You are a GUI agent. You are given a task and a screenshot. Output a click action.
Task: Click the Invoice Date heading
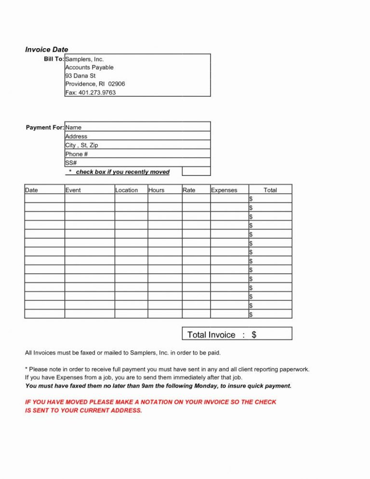coord(46,49)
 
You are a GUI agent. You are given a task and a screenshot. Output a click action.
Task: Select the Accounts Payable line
coord(89,67)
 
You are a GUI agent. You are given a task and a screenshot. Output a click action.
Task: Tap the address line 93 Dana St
coord(81,76)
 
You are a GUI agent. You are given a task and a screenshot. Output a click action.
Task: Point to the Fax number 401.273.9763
coord(91,93)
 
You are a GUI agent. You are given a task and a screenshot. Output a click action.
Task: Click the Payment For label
coord(45,127)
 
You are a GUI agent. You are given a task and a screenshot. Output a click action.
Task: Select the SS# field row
coord(137,162)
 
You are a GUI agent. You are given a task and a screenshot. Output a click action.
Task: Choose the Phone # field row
coord(137,154)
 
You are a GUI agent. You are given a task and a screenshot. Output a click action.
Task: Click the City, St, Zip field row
coord(137,145)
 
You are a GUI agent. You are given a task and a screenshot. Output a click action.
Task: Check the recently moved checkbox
coord(196,171)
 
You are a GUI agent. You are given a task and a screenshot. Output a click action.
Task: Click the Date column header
coord(31,190)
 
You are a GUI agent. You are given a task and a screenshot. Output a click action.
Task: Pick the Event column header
coord(73,190)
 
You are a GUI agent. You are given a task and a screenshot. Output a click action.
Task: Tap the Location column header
coord(127,190)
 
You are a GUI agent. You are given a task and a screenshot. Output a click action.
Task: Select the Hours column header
coord(157,190)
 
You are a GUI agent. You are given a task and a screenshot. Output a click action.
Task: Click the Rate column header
coord(189,190)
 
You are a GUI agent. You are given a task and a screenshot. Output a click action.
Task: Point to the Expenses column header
coord(224,190)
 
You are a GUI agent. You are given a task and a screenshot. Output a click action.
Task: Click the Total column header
coord(270,190)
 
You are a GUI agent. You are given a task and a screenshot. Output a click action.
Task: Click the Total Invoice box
coord(237,334)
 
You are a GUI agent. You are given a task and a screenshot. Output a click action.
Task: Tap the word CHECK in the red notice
coord(265,402)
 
